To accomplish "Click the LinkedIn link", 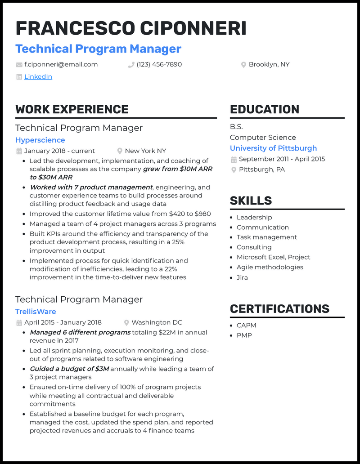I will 38,77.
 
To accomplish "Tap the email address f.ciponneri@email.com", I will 61,64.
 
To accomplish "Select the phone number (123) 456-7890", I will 159,64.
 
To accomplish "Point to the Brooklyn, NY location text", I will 269,64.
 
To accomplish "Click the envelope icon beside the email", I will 19,65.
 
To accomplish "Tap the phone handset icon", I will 131,65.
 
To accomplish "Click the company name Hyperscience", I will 40,140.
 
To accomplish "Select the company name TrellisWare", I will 36,312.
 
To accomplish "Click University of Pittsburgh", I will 273,148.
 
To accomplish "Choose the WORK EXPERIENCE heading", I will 72,109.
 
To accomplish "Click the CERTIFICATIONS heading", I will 279,309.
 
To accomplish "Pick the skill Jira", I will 242,277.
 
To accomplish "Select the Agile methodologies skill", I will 270,267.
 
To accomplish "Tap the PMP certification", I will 244,335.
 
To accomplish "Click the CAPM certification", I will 246,325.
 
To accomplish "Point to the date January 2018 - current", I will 59,151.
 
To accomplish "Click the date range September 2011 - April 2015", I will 282,159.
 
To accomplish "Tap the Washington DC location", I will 157,322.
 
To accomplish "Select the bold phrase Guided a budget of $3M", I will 69,369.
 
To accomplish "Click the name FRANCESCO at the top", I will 75,28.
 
